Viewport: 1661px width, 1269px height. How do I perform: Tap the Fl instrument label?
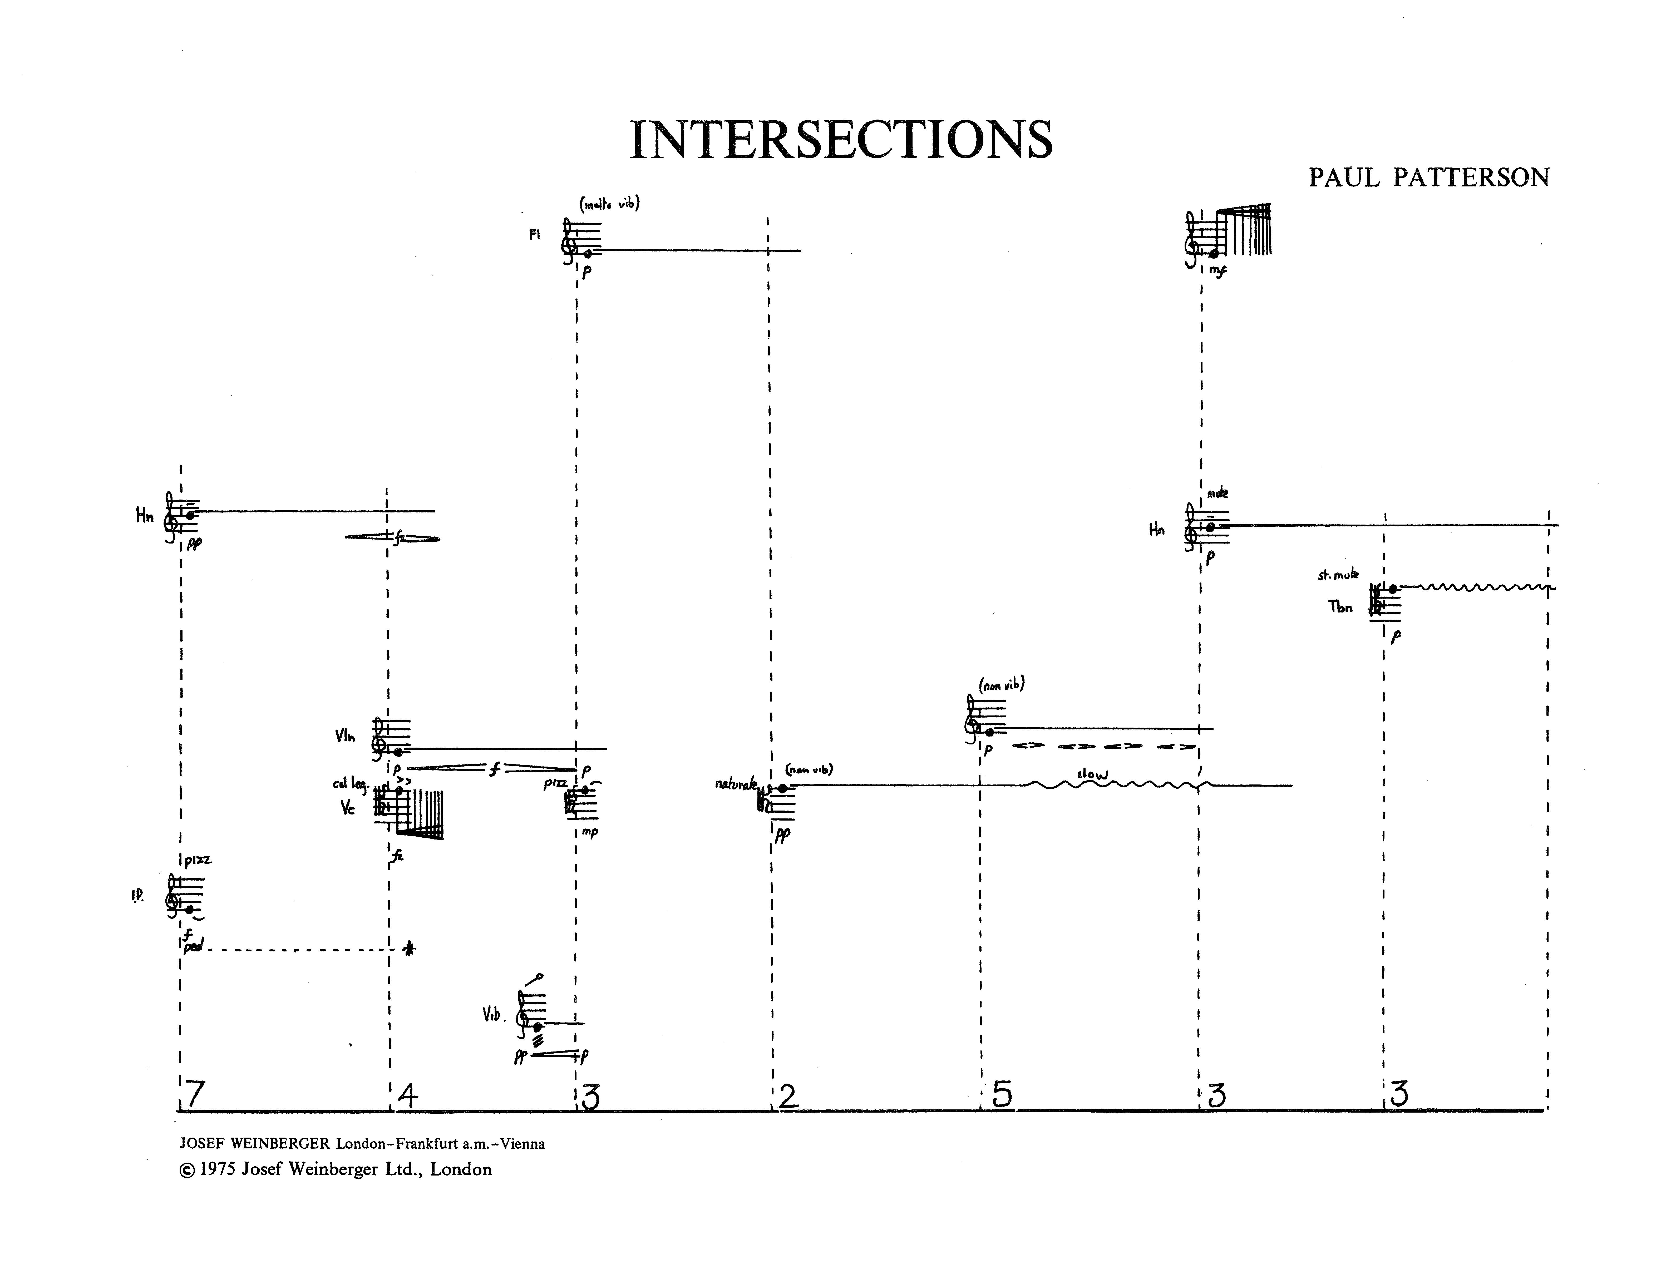[x=535, y=235]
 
